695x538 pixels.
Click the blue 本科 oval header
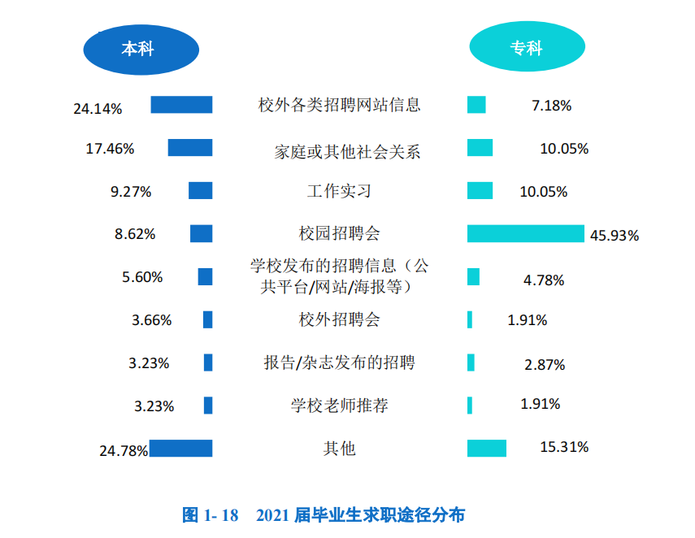tap(141, 49)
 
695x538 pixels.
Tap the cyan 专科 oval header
tap(526, 49)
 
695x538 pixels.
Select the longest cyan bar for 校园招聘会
tap(525, 234)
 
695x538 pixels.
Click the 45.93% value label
tap(615, 236)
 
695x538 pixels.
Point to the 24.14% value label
tap(98, 107)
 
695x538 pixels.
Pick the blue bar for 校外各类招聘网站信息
tap(181, 105)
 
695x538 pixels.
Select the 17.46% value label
tap(110, 149)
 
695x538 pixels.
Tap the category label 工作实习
tap(339, 191)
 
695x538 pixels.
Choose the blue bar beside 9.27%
tap(200, 191)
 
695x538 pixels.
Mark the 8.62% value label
tap(135, 234)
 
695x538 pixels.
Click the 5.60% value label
tap(142, 277)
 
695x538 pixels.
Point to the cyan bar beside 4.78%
tap(473, 277)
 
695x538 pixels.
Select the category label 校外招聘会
tap(339, 319)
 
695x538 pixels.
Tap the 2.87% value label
tap(545, 365)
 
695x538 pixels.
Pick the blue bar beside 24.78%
tap(180, 449)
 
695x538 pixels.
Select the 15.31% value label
tap(564, 447)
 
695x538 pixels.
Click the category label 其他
tap(339, 449)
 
